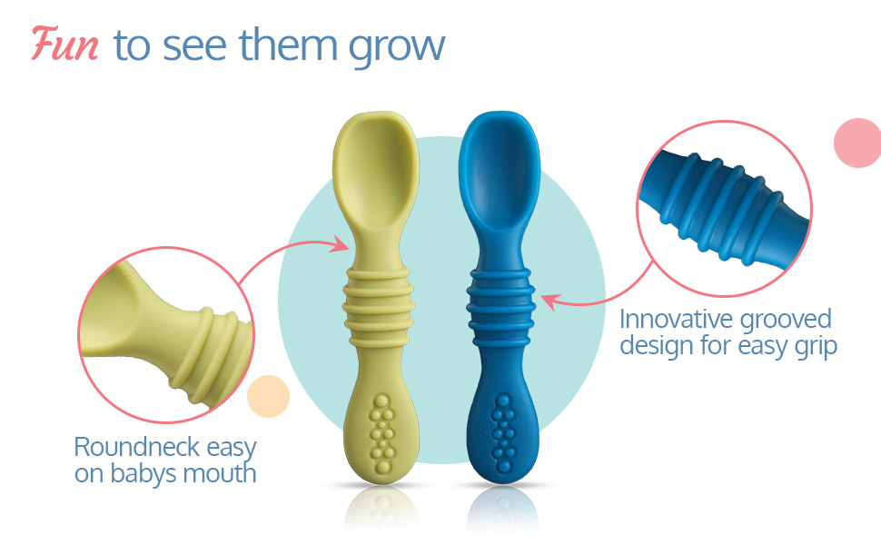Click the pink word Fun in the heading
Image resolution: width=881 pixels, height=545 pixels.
[64, 44]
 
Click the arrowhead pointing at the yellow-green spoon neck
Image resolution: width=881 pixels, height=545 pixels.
[340, 244]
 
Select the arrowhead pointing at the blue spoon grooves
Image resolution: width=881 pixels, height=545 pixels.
[549, 302]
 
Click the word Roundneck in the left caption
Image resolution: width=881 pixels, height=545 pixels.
[137, 447]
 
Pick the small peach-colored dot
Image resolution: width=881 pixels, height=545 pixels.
[268, 396]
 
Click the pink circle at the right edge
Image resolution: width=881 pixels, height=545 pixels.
[858, 143]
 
